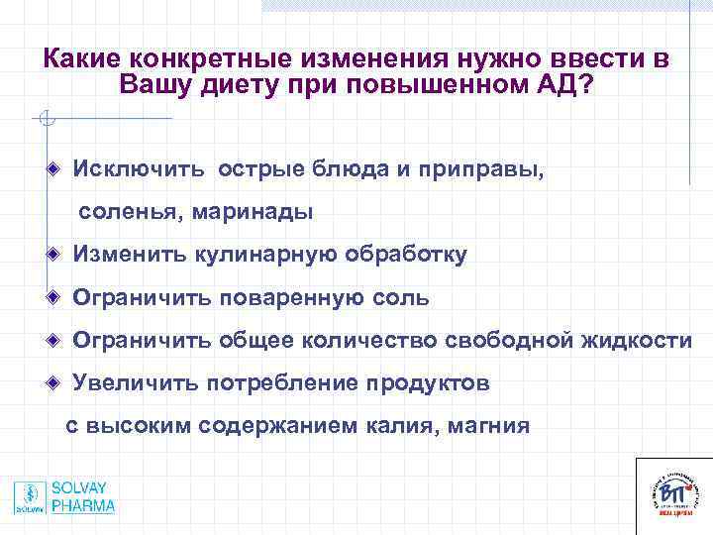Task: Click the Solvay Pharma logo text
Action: tap(83, 497)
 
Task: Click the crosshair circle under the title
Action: tap(44, 121)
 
